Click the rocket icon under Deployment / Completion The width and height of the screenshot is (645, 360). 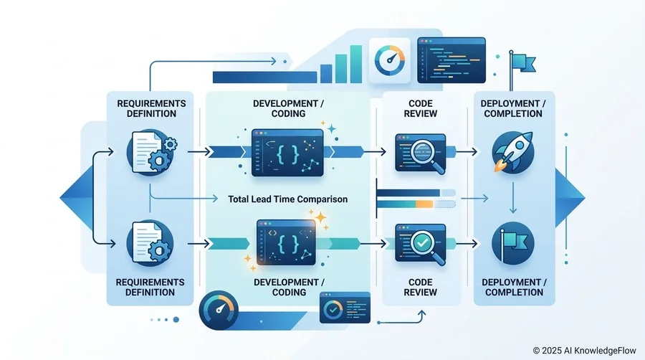(513, 152)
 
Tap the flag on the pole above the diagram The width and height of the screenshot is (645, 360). (525, 63)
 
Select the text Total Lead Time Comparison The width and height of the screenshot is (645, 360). (287, 199)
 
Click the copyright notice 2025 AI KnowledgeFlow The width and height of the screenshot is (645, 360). (585, 351)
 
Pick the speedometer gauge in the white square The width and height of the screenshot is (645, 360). (389, 60)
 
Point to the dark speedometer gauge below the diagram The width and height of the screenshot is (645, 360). (219, 311)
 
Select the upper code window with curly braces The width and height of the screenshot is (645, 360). (287, 153)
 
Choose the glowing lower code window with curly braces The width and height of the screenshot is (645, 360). (286, 242)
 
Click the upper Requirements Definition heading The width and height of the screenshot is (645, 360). (151, 108)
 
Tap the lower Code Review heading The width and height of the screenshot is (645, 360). (420, 287)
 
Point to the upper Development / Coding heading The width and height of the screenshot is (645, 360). (288, 108)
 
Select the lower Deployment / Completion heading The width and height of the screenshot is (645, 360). (514, 287)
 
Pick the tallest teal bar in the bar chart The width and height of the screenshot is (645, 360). (355, 64)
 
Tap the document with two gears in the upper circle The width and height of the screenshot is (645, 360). (152, 151)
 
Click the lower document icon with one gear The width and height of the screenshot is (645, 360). (149, 242)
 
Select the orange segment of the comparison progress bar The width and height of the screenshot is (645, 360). (424, 204)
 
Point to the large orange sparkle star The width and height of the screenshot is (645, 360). (319, 217)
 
